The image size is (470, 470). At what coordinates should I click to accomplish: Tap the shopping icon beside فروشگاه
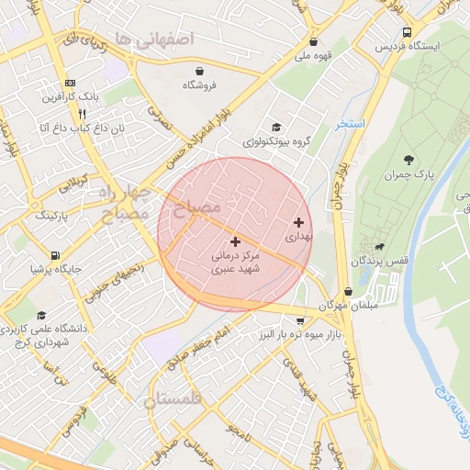coord(199,70)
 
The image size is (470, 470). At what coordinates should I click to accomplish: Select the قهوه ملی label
coord(315,55)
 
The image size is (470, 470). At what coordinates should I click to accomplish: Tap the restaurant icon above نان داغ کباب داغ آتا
coord(82,114)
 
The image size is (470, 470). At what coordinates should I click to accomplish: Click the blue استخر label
coord(350,124)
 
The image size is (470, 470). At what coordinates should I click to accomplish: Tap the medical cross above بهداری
coord(297,222)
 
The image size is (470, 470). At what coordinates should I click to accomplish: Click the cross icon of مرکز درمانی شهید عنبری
coord(235,241)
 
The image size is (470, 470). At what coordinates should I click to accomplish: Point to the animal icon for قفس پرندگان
coord(378,247)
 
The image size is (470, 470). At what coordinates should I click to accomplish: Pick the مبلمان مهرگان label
coord(341,304)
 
